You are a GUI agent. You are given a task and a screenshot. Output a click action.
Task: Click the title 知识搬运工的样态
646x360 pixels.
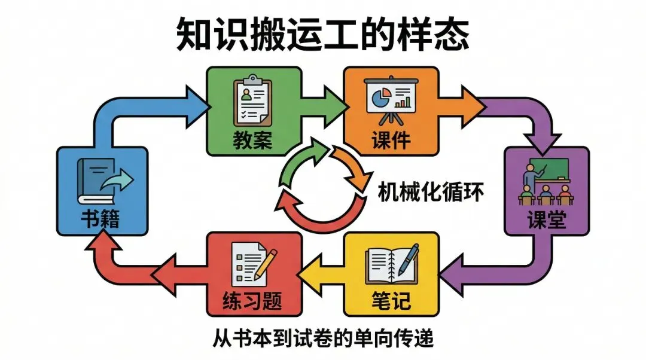322,34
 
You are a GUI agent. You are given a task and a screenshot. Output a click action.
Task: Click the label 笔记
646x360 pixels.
389,300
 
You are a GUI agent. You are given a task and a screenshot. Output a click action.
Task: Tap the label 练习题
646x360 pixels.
252,300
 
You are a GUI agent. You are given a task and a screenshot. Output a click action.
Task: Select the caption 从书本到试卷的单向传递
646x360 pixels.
323,339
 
